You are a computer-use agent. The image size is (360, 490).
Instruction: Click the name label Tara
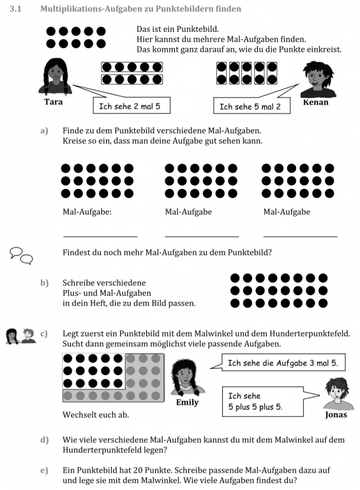click(54, 101)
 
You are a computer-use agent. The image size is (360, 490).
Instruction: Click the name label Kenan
click(316, 102)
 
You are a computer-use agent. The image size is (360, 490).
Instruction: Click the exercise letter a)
click(44, 130)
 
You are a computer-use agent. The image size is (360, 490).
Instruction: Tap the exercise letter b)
click(44, 282)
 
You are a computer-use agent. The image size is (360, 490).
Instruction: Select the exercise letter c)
click(44, 333)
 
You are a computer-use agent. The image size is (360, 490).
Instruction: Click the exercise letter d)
click(44, 440)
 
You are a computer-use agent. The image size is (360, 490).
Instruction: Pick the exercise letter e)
click(44, 470)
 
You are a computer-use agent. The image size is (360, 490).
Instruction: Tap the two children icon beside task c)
click(20, 336)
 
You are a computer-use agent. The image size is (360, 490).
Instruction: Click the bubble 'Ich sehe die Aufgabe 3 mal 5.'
click(283, 364)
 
